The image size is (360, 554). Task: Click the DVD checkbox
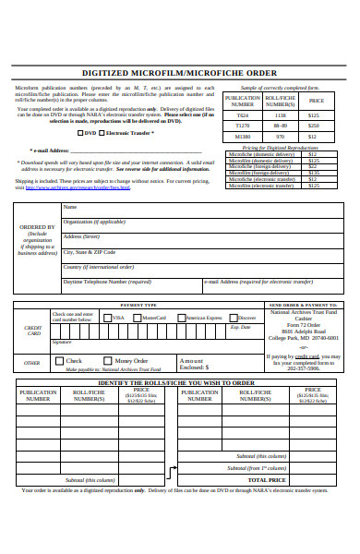pos(81,133)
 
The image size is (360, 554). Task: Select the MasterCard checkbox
pos(138,318)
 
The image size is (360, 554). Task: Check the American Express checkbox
pos(181,318)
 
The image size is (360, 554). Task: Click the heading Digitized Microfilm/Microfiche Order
pos(179,73)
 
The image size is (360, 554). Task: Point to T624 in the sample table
pos(242,114)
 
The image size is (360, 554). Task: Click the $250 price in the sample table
pos(315,125)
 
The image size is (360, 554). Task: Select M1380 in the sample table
pos(242,136)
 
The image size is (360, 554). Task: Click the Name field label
pos(70,207)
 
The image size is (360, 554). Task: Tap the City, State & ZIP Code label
pos(90,251)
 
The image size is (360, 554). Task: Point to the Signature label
pos(62,342)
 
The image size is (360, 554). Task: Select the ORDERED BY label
pos(37,226)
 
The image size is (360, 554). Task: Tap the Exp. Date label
pos(240,327)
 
